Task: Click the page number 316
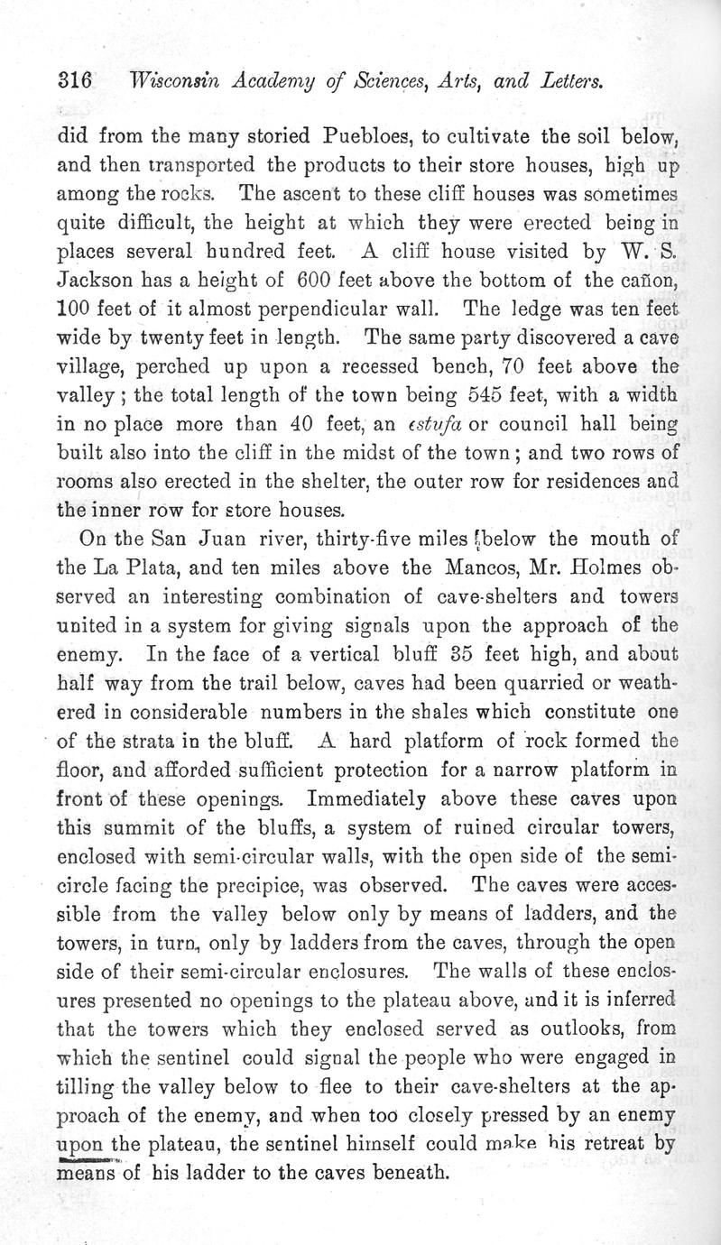(x=75, y=80)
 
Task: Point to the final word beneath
(x=392, y=1175)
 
